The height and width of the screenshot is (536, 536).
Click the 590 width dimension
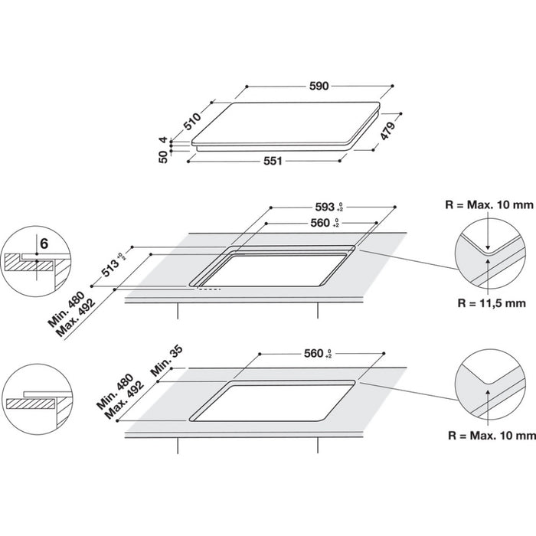[x=319, y=87]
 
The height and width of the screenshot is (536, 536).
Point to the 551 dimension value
[x=273, y=161]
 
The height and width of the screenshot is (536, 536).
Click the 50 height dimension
[x=162, y=157]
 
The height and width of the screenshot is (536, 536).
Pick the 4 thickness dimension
[x=162, y=140]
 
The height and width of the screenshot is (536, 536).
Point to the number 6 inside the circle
[x=44, y=243]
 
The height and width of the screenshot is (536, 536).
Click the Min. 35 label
[x=165, y=360]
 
